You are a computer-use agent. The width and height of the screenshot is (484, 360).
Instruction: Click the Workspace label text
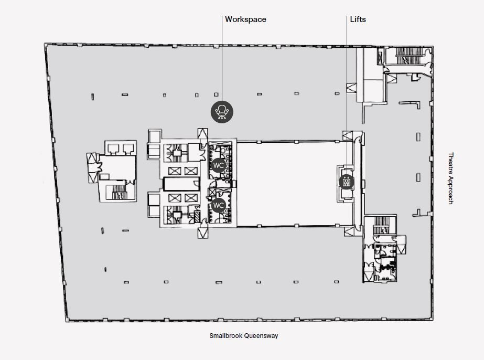245,19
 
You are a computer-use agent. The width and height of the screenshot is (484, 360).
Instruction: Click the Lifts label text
358,19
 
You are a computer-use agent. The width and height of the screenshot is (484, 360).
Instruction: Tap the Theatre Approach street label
450,178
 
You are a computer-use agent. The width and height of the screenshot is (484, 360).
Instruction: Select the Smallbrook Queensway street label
243,335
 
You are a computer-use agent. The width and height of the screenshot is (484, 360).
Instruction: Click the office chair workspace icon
222,112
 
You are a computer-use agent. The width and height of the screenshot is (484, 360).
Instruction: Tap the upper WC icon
218,165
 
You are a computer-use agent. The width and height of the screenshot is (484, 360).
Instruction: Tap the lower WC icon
218,205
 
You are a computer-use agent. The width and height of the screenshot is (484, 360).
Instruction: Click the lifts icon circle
346,182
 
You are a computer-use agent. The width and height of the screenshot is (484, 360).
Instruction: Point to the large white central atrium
295,184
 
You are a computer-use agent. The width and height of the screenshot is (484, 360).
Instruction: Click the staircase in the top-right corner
408,56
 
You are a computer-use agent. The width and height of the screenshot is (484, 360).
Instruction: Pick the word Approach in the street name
450,191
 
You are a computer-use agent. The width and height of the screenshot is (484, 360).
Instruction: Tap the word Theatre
450,164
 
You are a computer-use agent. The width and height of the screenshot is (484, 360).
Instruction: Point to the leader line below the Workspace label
222,58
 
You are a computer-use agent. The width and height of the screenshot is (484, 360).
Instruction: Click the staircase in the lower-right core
380,225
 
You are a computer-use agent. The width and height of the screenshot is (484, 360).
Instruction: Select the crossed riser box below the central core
202,232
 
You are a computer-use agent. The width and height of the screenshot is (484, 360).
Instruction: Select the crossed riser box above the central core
202,133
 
